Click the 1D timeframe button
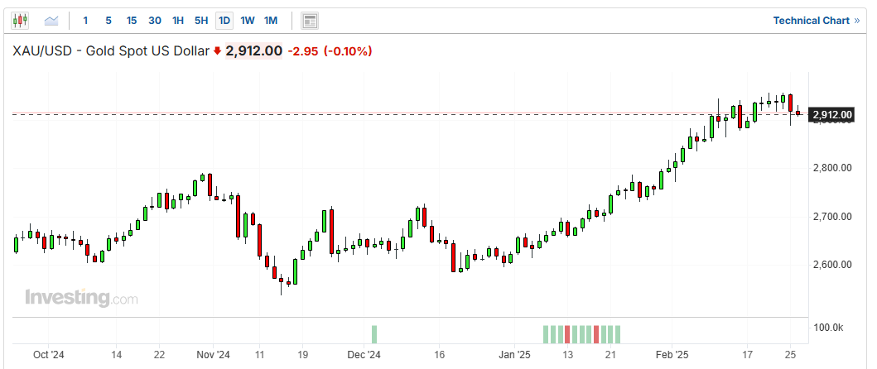[x=224, y=20]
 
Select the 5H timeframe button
[x=201, y=20]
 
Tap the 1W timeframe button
[x=248, y=20]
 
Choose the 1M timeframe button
[x=271, y=20]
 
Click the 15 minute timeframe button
[x=132, y=20]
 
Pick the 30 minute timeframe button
[x=155, y=20]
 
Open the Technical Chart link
[x=816, y=20]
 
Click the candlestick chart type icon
[x=21, y=20]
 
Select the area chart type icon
[x=51, y=20]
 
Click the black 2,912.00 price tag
[x=832, y=114]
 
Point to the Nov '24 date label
[x=213, y=355]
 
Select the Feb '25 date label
[x=672, y=355]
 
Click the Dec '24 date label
[x=364, y=355]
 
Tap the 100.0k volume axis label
[x=828, y=328]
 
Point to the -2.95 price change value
[x=302, y=51]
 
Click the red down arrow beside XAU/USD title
[x=217, y=51]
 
